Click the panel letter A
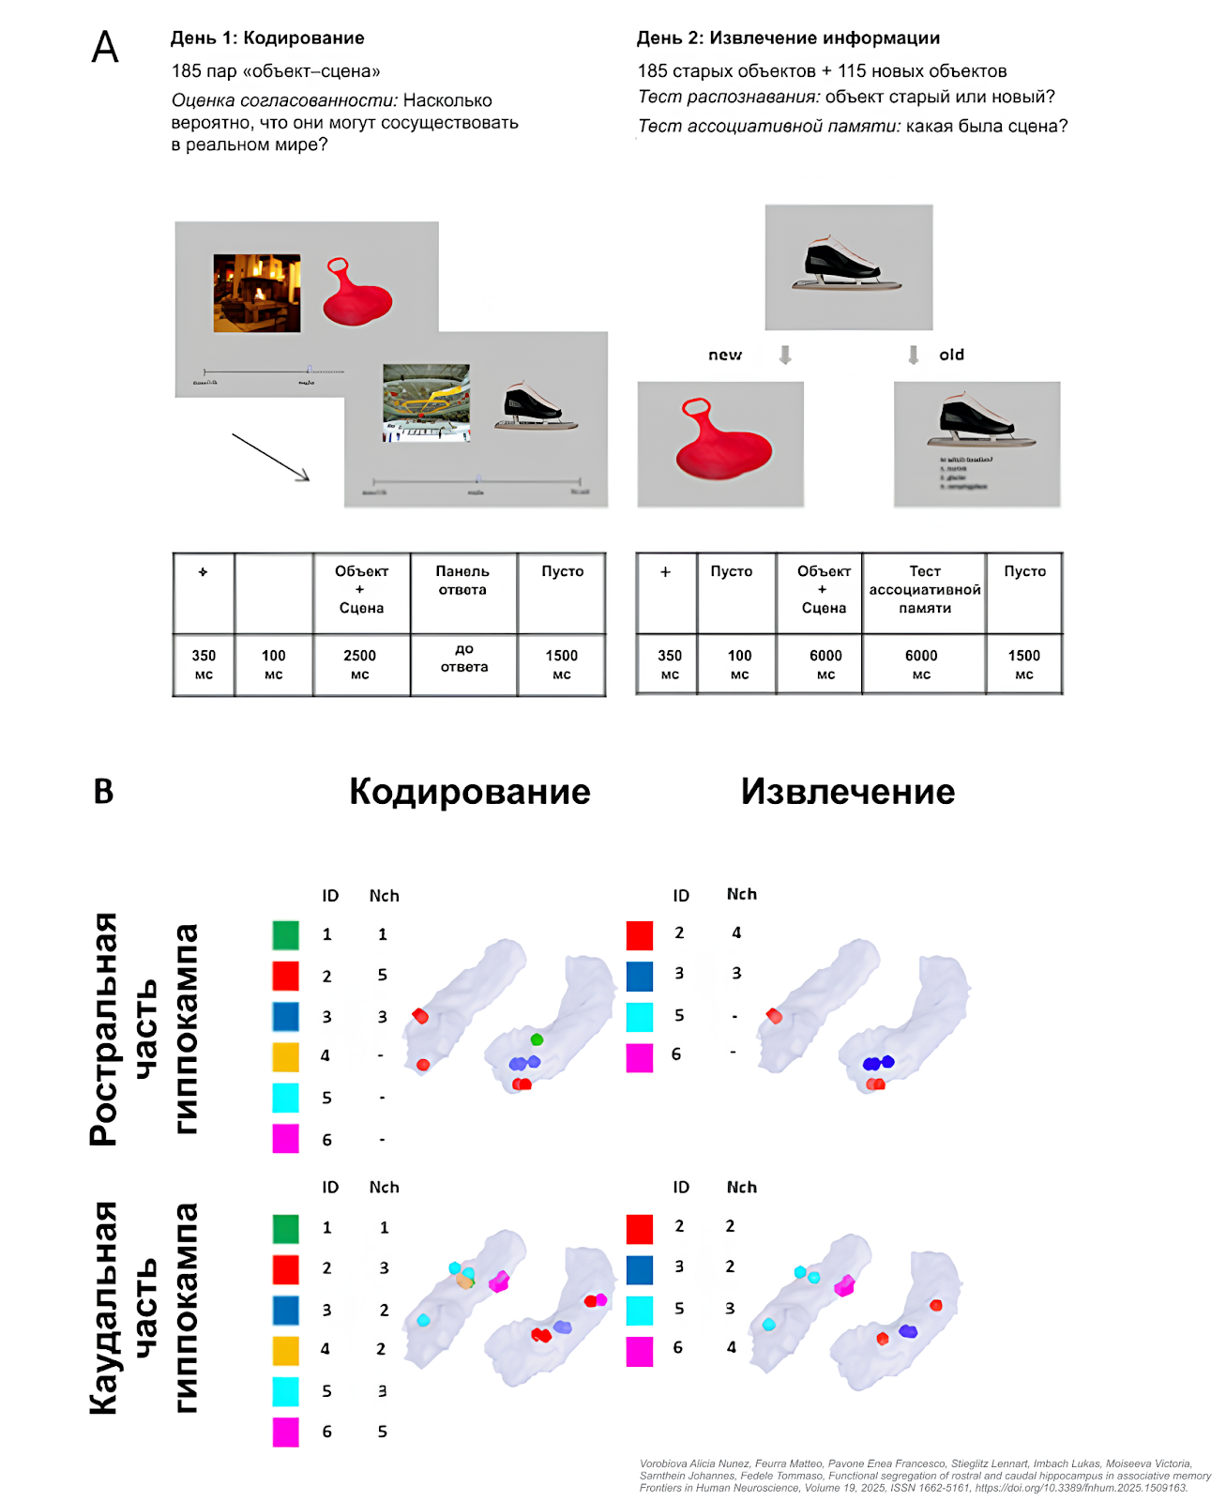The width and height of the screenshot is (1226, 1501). tap(105, 47)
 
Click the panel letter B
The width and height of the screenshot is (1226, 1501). tap(103, 792)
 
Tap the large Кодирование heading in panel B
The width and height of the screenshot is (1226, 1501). tap(469, 792)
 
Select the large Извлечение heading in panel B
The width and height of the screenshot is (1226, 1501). tap(847, 792)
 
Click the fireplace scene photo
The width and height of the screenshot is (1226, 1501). tap(257, 293)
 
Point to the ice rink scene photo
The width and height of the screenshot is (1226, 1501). tap(426, 402)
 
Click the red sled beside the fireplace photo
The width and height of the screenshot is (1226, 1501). tap(356, 292)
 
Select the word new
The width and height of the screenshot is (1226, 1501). tap(724, 355)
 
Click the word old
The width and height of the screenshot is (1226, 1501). tap(951, 355)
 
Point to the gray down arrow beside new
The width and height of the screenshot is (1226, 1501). tap(785, 355)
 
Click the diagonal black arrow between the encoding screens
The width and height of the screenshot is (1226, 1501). tap(270, 458)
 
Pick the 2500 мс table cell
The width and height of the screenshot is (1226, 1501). tap(360, 664)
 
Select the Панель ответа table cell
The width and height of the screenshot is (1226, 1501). tap(462, 581)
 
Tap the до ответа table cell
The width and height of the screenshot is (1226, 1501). tap(464, 658)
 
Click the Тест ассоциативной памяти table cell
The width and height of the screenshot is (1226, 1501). tap(924, 589)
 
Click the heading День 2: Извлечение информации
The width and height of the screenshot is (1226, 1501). tap(788, 38)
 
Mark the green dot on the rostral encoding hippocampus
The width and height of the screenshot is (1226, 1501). tap(537, 1039)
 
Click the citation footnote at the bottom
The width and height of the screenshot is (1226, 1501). tap(923, 1476)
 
